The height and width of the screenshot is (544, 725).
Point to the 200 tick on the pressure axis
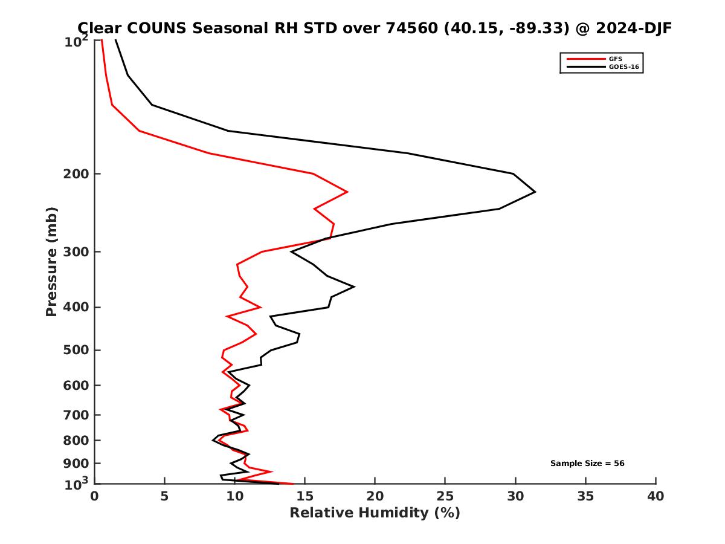(77, 174)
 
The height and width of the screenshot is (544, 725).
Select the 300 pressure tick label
(77, 252)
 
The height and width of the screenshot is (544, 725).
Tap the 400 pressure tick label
(77, 307)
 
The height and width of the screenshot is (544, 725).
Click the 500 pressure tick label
(77, 350)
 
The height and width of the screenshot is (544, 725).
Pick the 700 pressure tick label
(77, 415)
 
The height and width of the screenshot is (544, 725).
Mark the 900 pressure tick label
(77, 464)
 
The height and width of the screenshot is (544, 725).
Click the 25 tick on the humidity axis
(445, 496)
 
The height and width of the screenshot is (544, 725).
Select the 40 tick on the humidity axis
(656, 496)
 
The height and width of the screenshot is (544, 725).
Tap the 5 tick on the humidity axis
(164, 496)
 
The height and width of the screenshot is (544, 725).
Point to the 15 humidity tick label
(304, 496)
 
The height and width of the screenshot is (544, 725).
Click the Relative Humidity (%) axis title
(375, 513)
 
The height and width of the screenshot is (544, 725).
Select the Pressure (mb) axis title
(51, 261)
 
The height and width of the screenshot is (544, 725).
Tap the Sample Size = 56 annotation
(587, 464)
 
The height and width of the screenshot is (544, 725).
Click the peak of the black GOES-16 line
(535, 192)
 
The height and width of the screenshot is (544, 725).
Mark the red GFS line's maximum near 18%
(347, 192)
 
